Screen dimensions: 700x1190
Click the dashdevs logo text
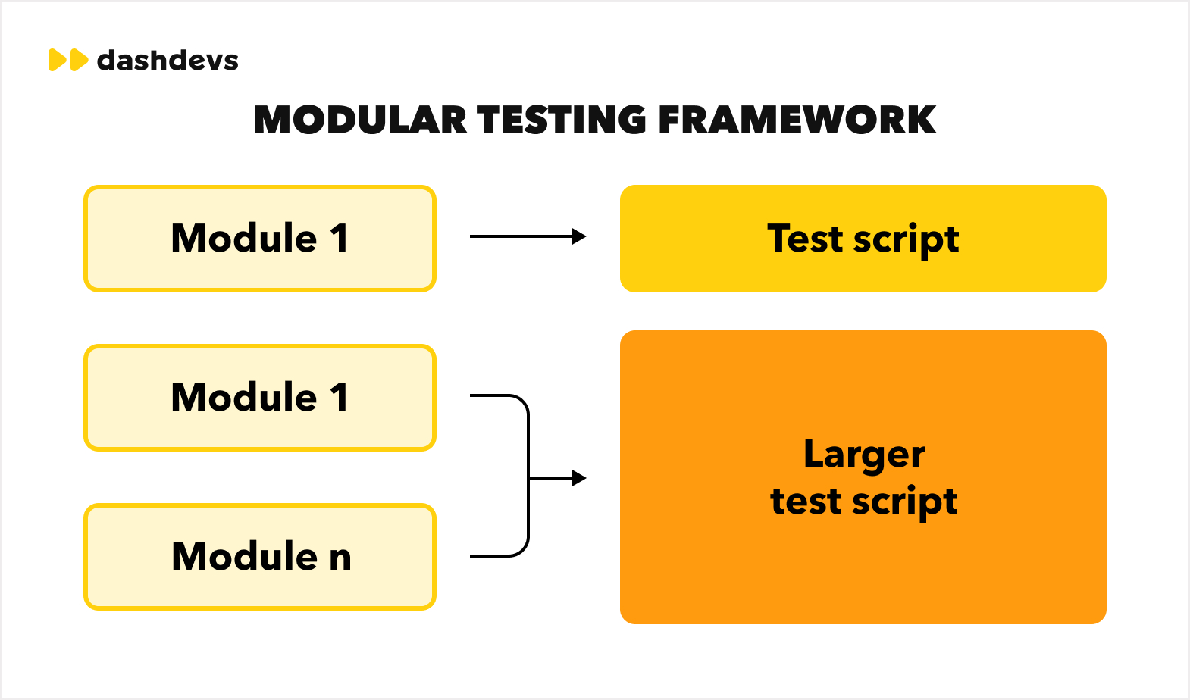click(x=168, y=61)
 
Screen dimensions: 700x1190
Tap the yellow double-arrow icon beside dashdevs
click(x=68, y=60)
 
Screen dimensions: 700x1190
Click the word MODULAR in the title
click(x=360, y=120)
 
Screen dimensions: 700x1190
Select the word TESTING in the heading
click(x=562, y=120)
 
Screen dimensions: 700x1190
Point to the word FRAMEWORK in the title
click(x=797, y=120)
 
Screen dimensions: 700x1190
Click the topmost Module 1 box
click(x=260, y=239)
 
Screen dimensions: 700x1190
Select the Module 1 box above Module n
click(x=260, y=398)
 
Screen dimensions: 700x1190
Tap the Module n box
click(x=260, y=557)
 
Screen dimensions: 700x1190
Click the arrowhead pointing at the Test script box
click(x=579, y=236)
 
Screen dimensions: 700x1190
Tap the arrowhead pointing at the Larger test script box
click(x=579, y=478)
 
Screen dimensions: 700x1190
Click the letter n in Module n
click(x=340, y=558)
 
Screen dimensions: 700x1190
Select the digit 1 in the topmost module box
click(x=339, y=239)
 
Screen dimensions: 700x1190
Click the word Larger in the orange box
click(x=864, y=455)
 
